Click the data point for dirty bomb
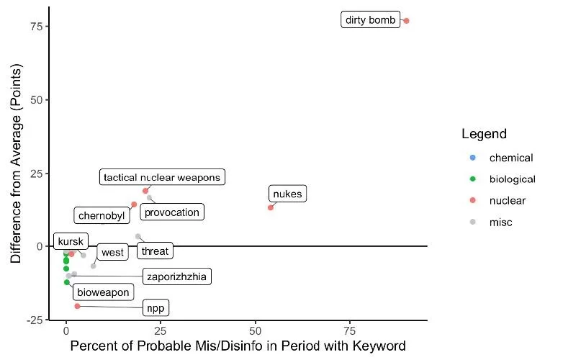[x=406, y=21]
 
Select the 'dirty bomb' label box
[x=370, y=20]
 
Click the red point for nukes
[x=271, y=207]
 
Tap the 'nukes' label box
[x=288, y=194]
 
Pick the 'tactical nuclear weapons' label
[x=163, y=177]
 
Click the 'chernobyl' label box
[x=102, y=215]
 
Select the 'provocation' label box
[x=171, y=212]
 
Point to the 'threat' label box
[x=155, y=251]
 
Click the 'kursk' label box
[x=70, y=241]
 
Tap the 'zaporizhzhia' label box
[x=178, y=276]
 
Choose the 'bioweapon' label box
[x=103, y=292]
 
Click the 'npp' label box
[x=156, y=308]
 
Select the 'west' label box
[x=112, y=252]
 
